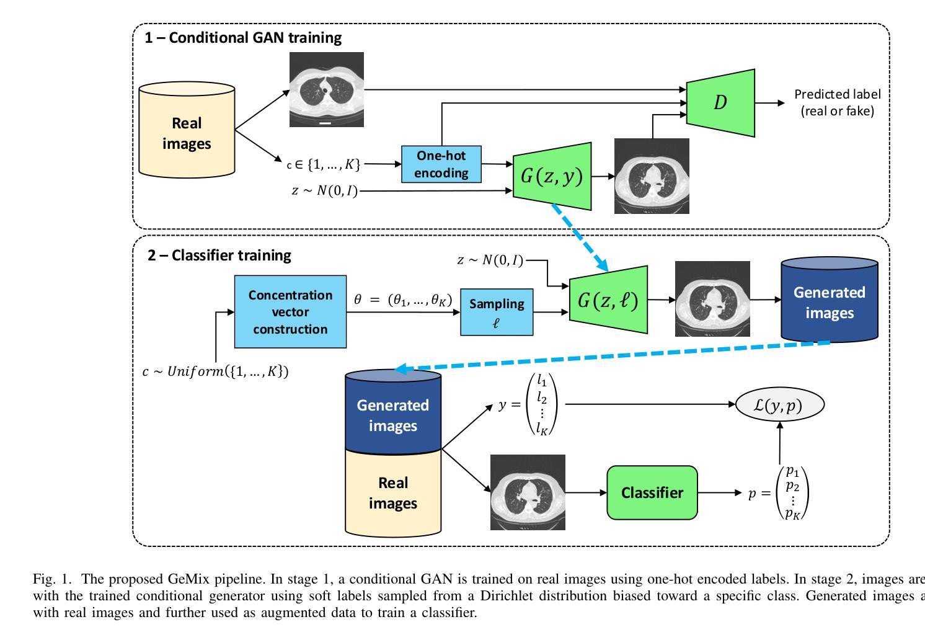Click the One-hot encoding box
tap(441, 164)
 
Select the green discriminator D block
tap(720, 103)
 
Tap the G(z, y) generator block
tap(552, 176)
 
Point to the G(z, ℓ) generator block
tap(608, 300)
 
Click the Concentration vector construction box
tap(290, 312)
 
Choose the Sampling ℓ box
tap(497, 312)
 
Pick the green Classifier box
tap(652, 492)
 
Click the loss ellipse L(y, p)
tap(779, 405)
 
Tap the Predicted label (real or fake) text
tap(837, 102)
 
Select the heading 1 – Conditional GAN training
tap(243, 38)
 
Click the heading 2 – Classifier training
tap(219, 255)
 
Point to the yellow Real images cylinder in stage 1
tap(187, 133)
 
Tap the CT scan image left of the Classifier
tap(528, 492)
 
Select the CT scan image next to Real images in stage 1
tap(327, 89)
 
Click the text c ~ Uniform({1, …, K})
tap(215, 371)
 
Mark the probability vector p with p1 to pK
tap(779, 493)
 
